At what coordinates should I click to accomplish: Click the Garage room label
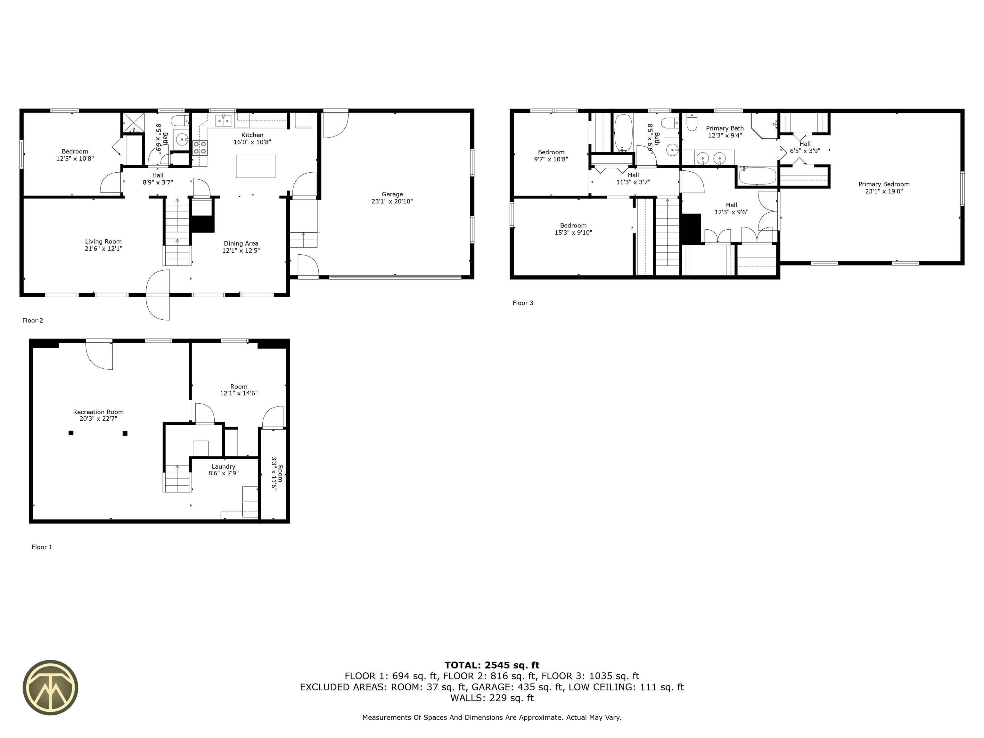click(392, 194)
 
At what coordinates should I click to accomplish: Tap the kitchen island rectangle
click(255, 166)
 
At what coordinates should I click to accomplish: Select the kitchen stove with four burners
click(200, 147)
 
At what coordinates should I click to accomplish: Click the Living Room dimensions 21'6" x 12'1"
click(103, 249)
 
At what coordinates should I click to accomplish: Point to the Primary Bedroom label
click(883, 184)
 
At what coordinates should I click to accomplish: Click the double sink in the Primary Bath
click(710, 158)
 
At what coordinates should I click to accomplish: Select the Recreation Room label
click(98, 412)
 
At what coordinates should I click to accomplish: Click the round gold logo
click(50, 687)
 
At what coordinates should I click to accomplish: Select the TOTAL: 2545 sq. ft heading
click(492, 665)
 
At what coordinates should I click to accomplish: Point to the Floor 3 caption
click(523, 303)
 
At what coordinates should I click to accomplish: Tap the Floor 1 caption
click(42, 547)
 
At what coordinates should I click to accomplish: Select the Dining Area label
click(241, 243)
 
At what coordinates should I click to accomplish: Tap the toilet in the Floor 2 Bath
click(180, 121)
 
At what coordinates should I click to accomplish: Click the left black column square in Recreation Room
click(71, 433)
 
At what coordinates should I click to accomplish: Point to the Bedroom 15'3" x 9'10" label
click(573, 225)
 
